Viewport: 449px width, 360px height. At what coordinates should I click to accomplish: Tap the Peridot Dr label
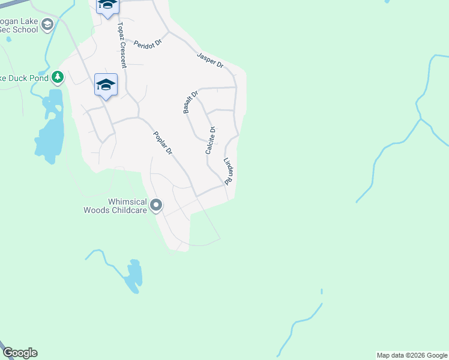click(149, 44)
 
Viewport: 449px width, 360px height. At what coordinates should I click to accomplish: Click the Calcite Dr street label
click(210, 140)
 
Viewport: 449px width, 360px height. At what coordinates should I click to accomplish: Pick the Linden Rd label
click(228, 170)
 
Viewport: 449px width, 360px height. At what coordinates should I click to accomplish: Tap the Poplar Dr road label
click(163, 143)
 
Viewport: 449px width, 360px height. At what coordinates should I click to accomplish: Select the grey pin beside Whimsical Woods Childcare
click(156, 206)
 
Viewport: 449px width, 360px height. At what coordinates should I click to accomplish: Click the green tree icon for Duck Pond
click(57, 77)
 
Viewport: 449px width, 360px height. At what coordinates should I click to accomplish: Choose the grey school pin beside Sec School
click(47, 25)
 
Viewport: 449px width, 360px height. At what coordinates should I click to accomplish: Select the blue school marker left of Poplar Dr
click(106, 85)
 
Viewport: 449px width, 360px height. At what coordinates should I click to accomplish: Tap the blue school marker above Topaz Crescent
click(108, 5)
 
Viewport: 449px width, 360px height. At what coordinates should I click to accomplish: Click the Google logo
click(20, 353)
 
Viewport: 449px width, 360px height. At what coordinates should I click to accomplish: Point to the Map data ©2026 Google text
click(412, 355)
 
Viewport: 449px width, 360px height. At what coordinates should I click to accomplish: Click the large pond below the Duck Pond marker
click(48, 135)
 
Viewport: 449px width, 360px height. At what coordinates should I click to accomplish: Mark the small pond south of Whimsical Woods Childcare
click(134, 276)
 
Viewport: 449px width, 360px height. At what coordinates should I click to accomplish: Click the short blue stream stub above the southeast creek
click(322, 292)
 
